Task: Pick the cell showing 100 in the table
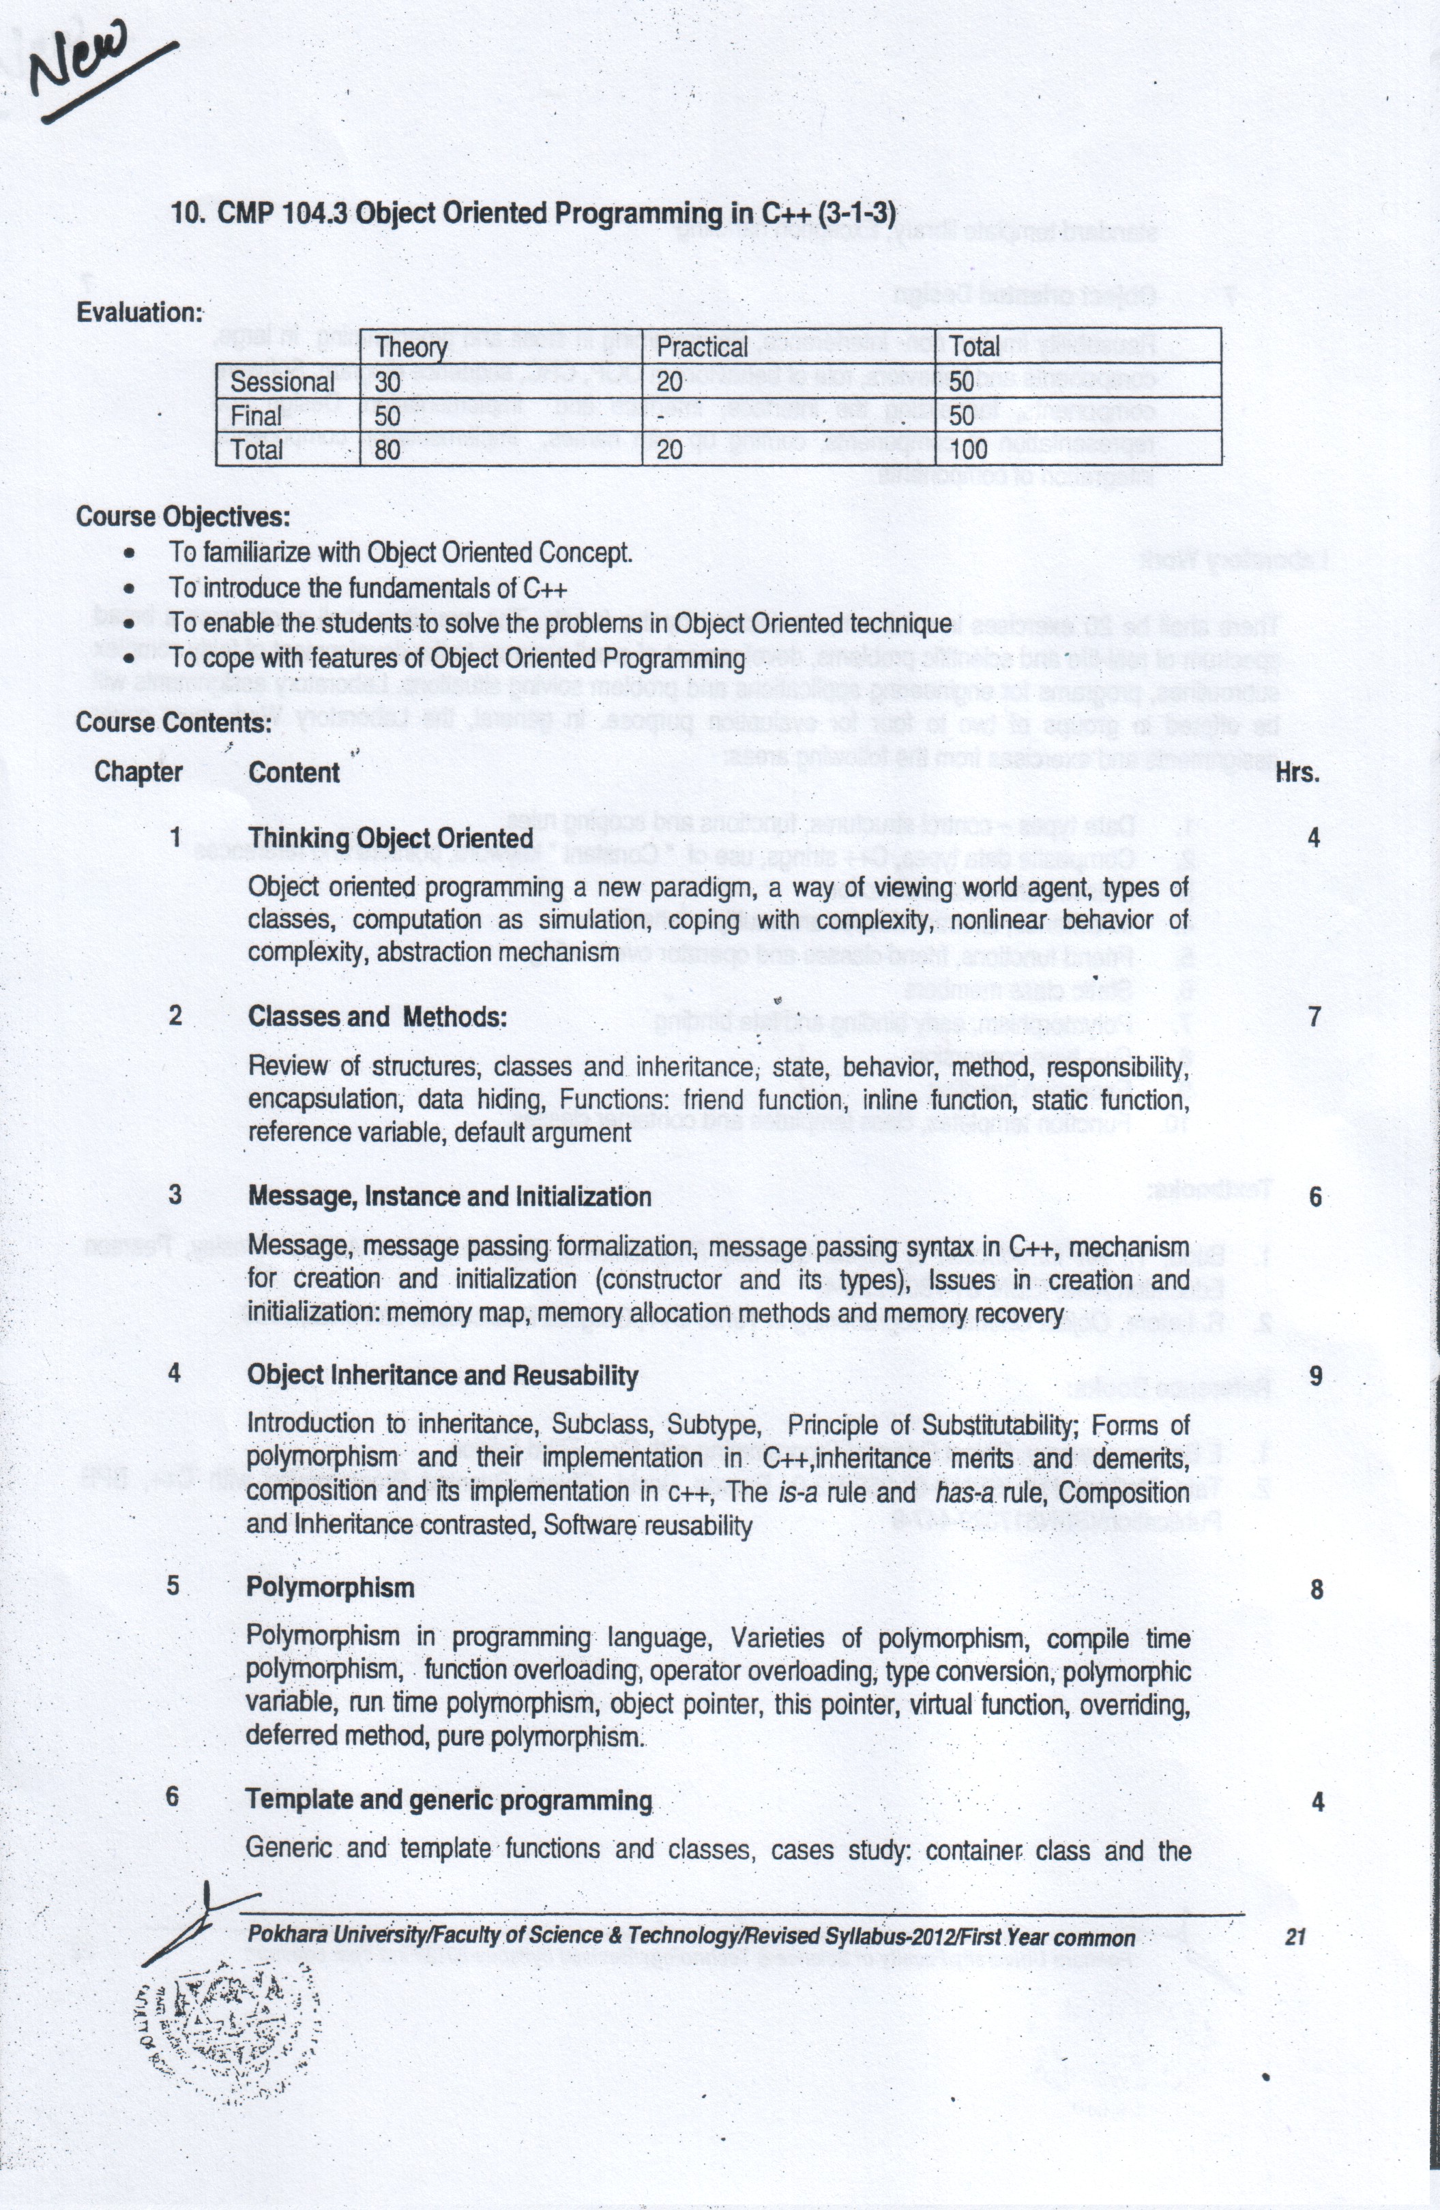pyautogui.click(x=969, y=450)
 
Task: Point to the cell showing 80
pyautogui.click(x=387, y=450)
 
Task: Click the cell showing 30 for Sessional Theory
pyautogui.click(x=387, y=382)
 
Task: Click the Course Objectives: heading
pyautogui.click(x=183, y=516)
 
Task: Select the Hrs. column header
pyautogui.click(x=1297, y=773)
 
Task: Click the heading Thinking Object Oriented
pyautogui.click(x=390, y=838)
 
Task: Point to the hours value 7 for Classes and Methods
pyautogui.click(x=1314, y=1017)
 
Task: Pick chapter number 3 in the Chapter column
pyautogui.click(x=175, y=1194)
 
